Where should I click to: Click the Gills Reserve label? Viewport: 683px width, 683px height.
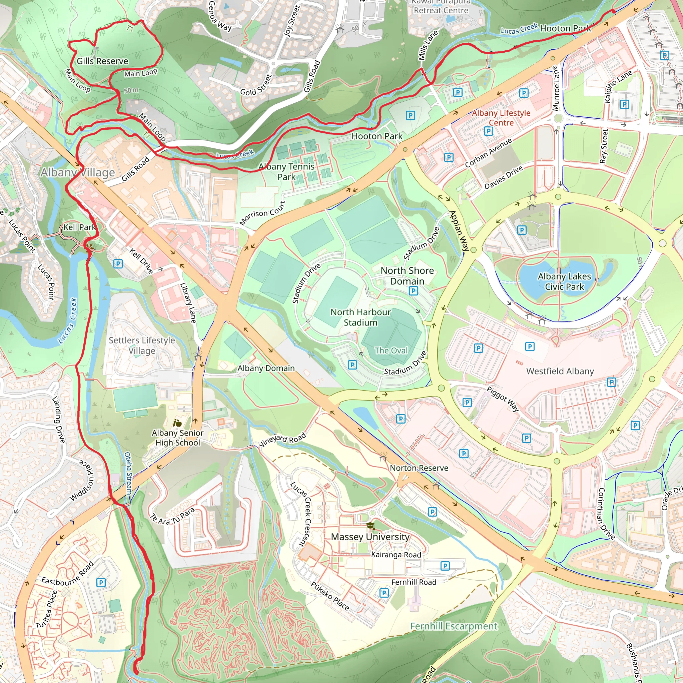[102, 61]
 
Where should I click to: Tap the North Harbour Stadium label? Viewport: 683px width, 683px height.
[361, 317]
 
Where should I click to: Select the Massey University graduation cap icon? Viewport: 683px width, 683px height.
[370, 526]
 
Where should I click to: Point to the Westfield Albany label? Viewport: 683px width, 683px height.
[560, 371]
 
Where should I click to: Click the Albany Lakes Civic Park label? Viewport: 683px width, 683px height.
[564, 281]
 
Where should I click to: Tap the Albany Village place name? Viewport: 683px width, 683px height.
[78, 172]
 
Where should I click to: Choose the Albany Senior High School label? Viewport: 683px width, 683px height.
[177, 438]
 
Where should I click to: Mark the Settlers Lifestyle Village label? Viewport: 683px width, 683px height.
[142, 346]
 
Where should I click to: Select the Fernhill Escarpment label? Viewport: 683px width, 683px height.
[454, 626]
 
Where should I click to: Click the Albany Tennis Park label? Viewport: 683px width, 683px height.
[286, 171]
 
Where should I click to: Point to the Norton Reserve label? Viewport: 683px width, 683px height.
[419, 468]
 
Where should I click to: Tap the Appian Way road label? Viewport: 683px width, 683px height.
[459, 230]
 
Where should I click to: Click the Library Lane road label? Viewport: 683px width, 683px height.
[188, 302]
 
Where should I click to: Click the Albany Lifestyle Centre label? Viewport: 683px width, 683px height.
[501, 118]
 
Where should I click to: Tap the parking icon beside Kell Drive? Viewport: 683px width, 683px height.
[118, 264]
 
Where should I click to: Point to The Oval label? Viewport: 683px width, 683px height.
[391, 351]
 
